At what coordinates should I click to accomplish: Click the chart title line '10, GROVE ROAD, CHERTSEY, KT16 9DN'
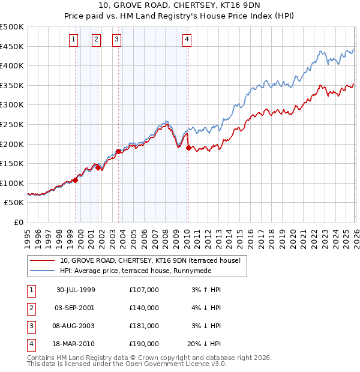click(x=180, y=7)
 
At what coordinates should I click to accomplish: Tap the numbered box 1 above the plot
click(x=73, y=40)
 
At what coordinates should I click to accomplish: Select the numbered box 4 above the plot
click(x=187, y=40)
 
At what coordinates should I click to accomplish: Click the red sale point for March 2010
click(x=188, y=148)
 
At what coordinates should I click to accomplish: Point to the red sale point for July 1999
click(x=76, y=180)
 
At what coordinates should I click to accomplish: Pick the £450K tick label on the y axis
click(x=13, y=46)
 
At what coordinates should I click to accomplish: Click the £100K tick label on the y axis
click(x=13, y=183)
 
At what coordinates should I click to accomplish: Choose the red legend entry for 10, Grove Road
click(x=150, y=260)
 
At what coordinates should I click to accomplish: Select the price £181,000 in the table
click(x=143, y=326)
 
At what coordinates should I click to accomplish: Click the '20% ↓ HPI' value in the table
click(x=203, y=344)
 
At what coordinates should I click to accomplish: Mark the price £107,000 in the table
click(x=143, y=290)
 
